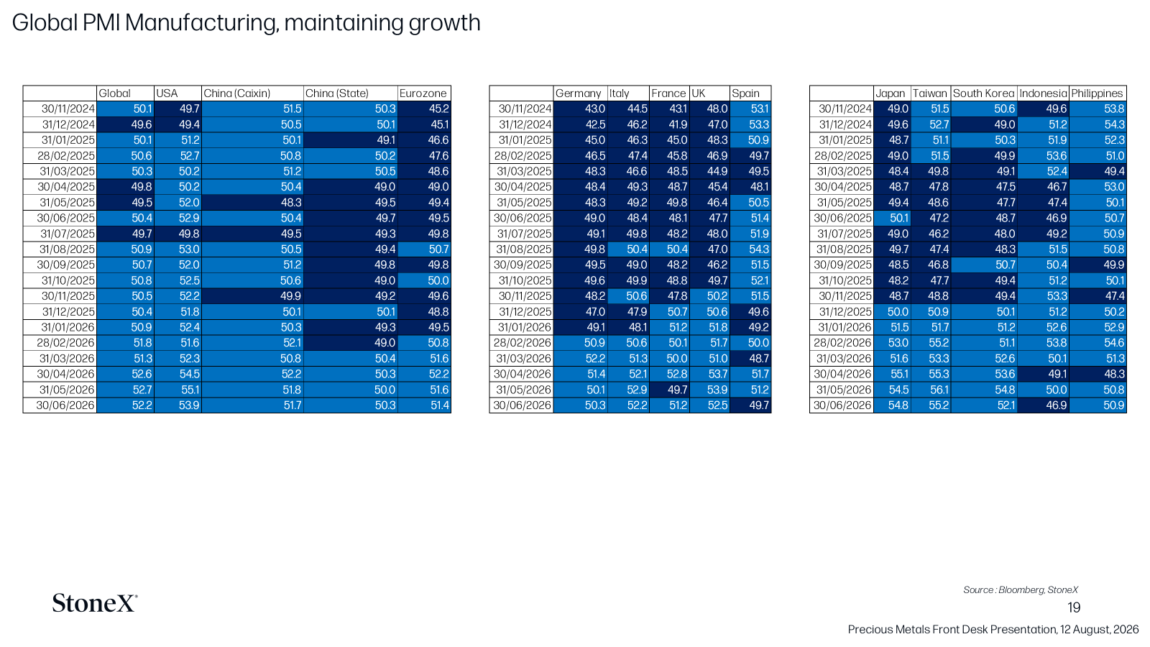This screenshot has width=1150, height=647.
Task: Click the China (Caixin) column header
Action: click(x=236, y=93)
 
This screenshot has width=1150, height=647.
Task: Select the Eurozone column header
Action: click(x=423, y=93)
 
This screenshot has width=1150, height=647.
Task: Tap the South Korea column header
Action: click(x=983, y=93)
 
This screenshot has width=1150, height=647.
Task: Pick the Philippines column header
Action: click(x=1097, y=93)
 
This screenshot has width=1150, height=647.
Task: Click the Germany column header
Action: click(x=578, y=93)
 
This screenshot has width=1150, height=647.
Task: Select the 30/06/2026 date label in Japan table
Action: click(x=842, y=405)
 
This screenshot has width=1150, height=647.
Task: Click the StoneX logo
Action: click(x=94, y=603)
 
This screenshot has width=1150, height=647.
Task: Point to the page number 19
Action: click(x=1074, y=608)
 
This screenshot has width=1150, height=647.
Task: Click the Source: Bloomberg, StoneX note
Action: click(x=1020, y=590)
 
